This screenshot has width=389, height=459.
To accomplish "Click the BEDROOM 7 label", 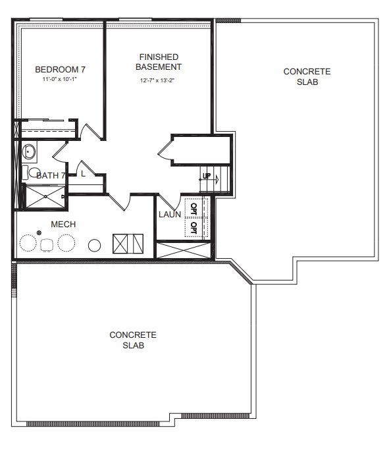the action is coord(61,70).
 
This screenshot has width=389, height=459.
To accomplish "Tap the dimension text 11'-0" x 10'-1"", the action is coord(59,79).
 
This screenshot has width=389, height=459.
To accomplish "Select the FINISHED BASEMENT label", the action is coord(159,62).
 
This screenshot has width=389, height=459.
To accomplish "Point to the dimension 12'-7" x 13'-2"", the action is coord(157,80).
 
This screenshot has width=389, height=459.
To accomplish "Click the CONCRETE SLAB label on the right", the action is coord(307,76).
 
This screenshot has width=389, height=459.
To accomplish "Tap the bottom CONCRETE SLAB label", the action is coord(133,340).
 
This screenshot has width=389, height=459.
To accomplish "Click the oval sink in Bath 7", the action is coord(29,151).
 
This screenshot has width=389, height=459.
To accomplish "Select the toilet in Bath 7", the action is coord(32,173).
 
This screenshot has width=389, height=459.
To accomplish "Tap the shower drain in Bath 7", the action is coord(45,197).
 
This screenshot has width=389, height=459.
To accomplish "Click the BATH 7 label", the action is coord(50,176).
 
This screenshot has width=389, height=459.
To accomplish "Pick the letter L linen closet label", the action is coord(84,174).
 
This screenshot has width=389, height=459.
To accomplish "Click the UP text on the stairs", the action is coord(207,176).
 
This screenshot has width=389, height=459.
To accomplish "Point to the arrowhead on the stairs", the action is coord(217,179).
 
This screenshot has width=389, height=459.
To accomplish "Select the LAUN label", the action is coord(170,215).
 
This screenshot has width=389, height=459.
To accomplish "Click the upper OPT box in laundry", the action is coord(196,208).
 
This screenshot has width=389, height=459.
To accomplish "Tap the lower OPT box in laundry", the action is coord(196,227).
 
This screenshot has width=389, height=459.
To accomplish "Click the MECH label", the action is coord(63,225).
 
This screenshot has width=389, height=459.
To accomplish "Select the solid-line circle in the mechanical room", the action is coord(95,246).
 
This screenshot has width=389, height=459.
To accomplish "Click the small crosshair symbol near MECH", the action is coord(39,232).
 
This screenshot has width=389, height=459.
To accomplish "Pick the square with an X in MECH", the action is coord(120,244).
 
